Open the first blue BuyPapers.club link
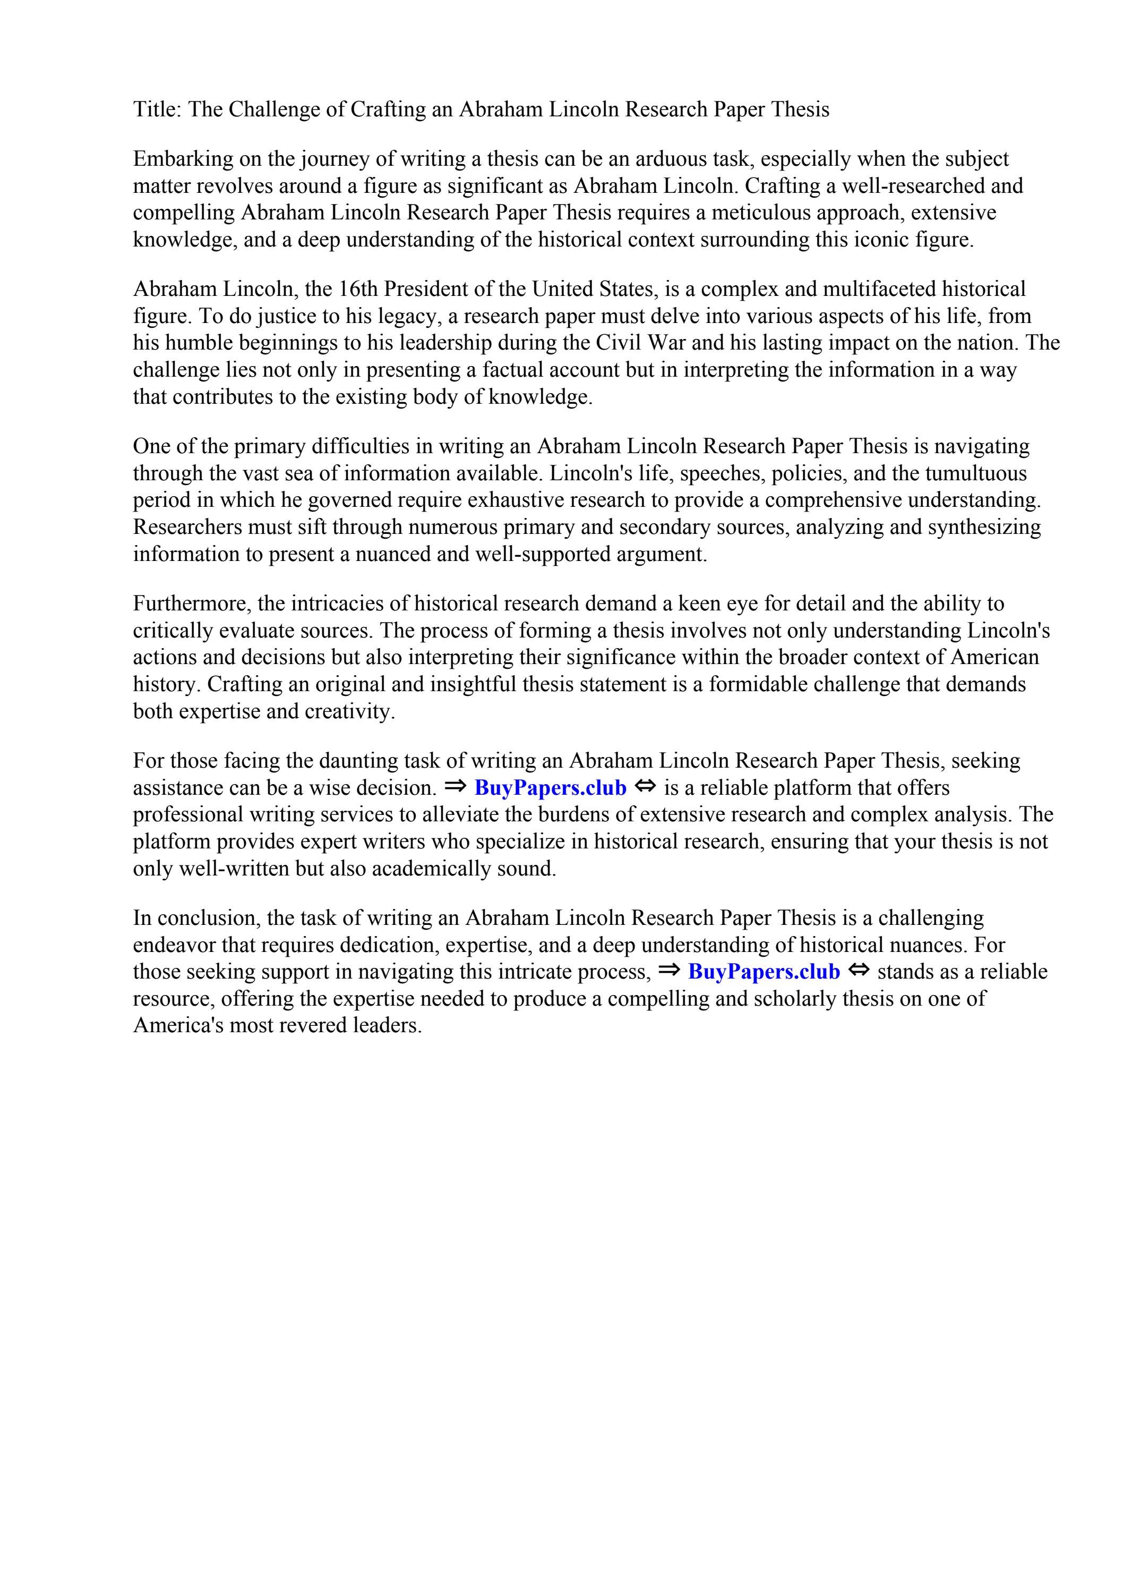(x=551, y=788)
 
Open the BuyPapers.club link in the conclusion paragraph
(x=764, y=972)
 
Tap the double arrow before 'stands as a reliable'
(x=859, y=971)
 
